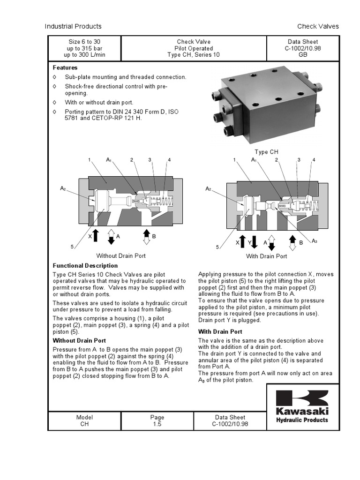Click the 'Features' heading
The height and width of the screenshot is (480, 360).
[65, 67]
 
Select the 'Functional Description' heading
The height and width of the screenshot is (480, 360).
[85, 266]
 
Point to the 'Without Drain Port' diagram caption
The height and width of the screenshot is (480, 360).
[121, 256]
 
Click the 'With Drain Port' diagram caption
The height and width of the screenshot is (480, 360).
[267, 256]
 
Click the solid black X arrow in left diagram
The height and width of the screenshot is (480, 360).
[96, 235]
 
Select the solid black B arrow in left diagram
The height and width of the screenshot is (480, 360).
[146, 233]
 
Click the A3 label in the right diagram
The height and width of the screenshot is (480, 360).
[315, 241]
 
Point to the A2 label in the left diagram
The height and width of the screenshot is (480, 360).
[63, 188]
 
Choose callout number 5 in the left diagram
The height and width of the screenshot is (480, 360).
[72, 247]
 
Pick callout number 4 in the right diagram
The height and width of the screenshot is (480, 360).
[314, 160]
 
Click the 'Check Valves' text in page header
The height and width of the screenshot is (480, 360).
[318, 26]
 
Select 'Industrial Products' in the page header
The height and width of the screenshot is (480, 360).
[73, 26]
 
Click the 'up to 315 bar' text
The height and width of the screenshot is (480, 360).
[85, 48]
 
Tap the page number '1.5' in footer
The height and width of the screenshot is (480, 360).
[157, 424]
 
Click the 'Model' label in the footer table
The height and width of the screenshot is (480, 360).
[84, 417]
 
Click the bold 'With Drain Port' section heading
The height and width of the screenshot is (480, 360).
[219, 332]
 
